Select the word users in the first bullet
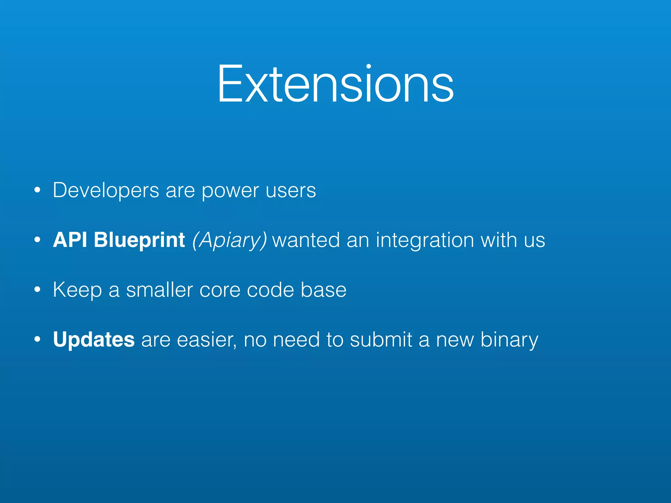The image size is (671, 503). coord(291,191)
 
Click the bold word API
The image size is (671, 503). coord(70,240)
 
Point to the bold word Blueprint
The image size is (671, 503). coord(139,240)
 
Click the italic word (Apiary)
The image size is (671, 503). coord(229,240)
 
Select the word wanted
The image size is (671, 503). coord(306,240)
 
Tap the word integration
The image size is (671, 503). coord(425,240)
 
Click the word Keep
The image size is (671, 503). coord(77,290)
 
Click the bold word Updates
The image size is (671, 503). coord(94,340)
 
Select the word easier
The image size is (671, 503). coord(206,340)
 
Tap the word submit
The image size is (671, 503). coord(381,340)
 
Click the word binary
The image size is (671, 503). coord(509,340)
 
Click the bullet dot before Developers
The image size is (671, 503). coord(37,190)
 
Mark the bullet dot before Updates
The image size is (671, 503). coord(37,340)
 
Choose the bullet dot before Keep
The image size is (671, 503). coord(37,290)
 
